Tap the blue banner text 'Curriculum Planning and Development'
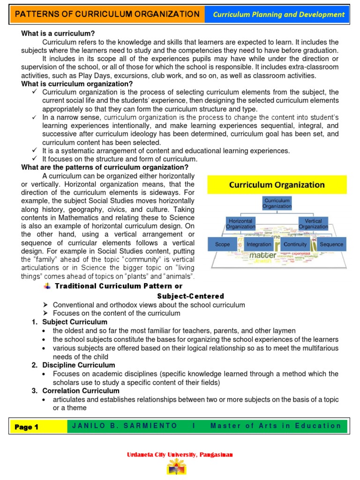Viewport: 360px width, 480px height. pyautogui.click(x=278, y=15)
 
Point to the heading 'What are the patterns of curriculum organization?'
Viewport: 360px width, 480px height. pyautogui.click(x=105, y=167)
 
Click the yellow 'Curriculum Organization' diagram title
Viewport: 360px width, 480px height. pyautogui.click(x=277, y=185)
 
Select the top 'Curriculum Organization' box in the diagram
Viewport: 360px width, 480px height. pyautogui.click(x=277, y=203)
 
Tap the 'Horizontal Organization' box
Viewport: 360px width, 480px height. pyautogui.click(x=241, y=224)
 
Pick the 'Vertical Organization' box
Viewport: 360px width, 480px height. pyautogui.click(x=313, y=224)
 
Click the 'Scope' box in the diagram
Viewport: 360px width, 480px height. pyautogui.click(x=223, y=244)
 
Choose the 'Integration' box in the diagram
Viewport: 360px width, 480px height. pyautogui.click(x=259, y=244)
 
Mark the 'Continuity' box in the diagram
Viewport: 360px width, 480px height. pyautogui.click(x=295, y=244)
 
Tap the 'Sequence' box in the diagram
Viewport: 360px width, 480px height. pyautogui.click(x=331, y=244)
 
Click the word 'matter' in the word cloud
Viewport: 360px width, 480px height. pyautogui.click(x=262, y=256)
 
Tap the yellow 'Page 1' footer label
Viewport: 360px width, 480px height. pyautogui.click(x=27, y=427)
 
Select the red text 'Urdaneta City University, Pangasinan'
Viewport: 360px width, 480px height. pyautogui.click(x=180, y=455)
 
